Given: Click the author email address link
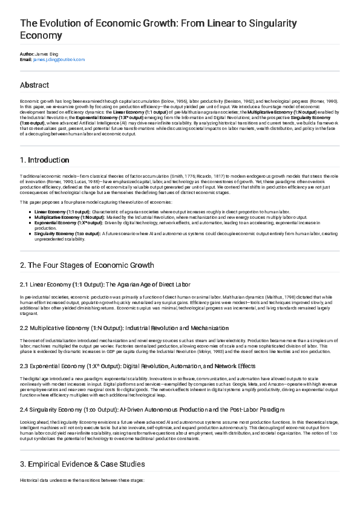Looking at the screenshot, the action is [x=59, y=60].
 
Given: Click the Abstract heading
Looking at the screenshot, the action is [x=34, y=85].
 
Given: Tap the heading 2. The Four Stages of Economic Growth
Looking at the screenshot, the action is [x=87, y=265].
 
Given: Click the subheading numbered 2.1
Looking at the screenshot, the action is [x=106, y=284].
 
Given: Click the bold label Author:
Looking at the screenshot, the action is [x=27, y=54].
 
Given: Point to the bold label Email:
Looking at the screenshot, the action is [x=25, y=60].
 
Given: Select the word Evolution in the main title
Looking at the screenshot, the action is [x=58, y=24].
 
